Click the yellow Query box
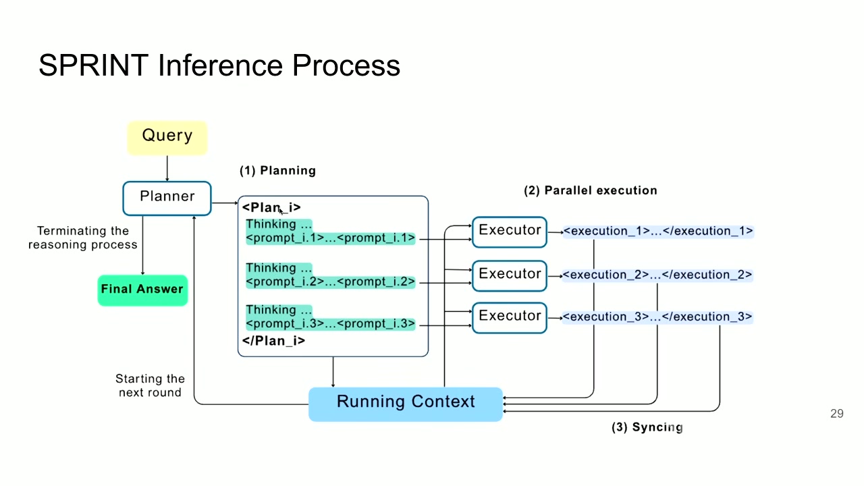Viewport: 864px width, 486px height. [x=167, y=138]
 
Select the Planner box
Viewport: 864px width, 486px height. [x=167, y=198]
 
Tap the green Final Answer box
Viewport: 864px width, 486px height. [x=142, y=290]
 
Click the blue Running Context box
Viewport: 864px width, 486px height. [x=406, y=404]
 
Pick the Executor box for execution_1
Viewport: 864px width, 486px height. [x=510, y=232]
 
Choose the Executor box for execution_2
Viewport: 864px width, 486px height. [x=510, y=276]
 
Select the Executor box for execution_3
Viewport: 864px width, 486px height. [x=510, y=318]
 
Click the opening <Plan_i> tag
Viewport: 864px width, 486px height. [x=271, y=207]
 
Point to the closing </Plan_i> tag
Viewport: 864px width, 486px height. [x=273, y=341]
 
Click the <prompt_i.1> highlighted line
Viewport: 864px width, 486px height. [x=331, y=238]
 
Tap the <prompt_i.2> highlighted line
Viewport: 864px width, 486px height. [x=331, y=281]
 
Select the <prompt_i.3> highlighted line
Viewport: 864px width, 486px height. [x=331, y=323]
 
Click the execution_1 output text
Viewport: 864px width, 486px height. [x=658, y=231]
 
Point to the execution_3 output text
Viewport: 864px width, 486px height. [x=657, y=317]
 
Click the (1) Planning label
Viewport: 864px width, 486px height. [x=277, y=171]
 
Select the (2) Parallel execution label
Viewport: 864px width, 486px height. [x=591, y=190]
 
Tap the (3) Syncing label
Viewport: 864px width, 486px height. [x=647, y=427]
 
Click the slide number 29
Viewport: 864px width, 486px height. [x=836, y=414]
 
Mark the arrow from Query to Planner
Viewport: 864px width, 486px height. [x=167, y=168]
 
